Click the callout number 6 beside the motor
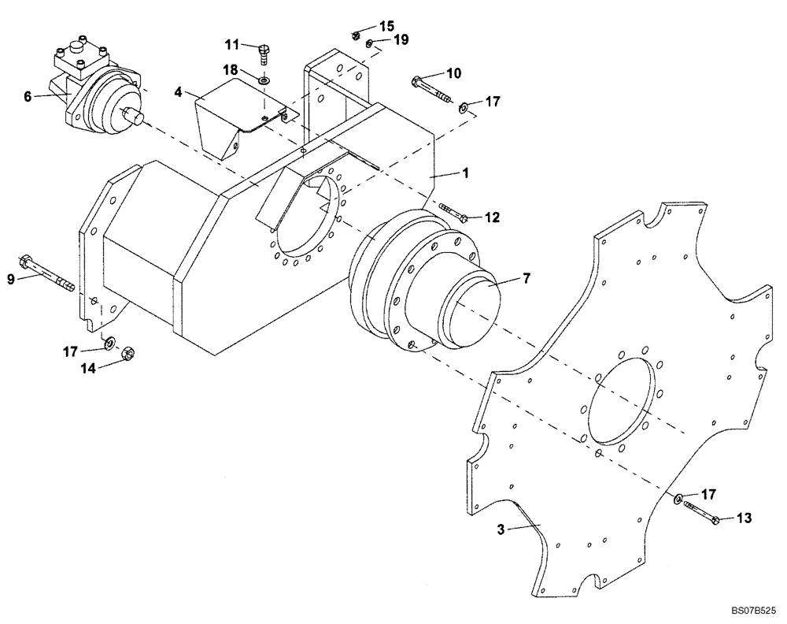[x=28, y=96]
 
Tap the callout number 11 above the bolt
[x=231, y=43]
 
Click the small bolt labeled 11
[x=262, y=54]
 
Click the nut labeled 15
[x=356, y=35]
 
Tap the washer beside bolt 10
[x=464, y=106]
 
